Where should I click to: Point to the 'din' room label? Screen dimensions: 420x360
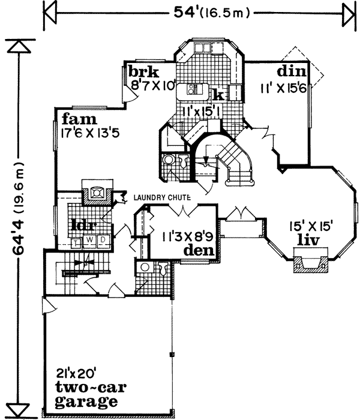[x=292, y=71]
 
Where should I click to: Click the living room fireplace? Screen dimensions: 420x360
[x=310, y=263]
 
